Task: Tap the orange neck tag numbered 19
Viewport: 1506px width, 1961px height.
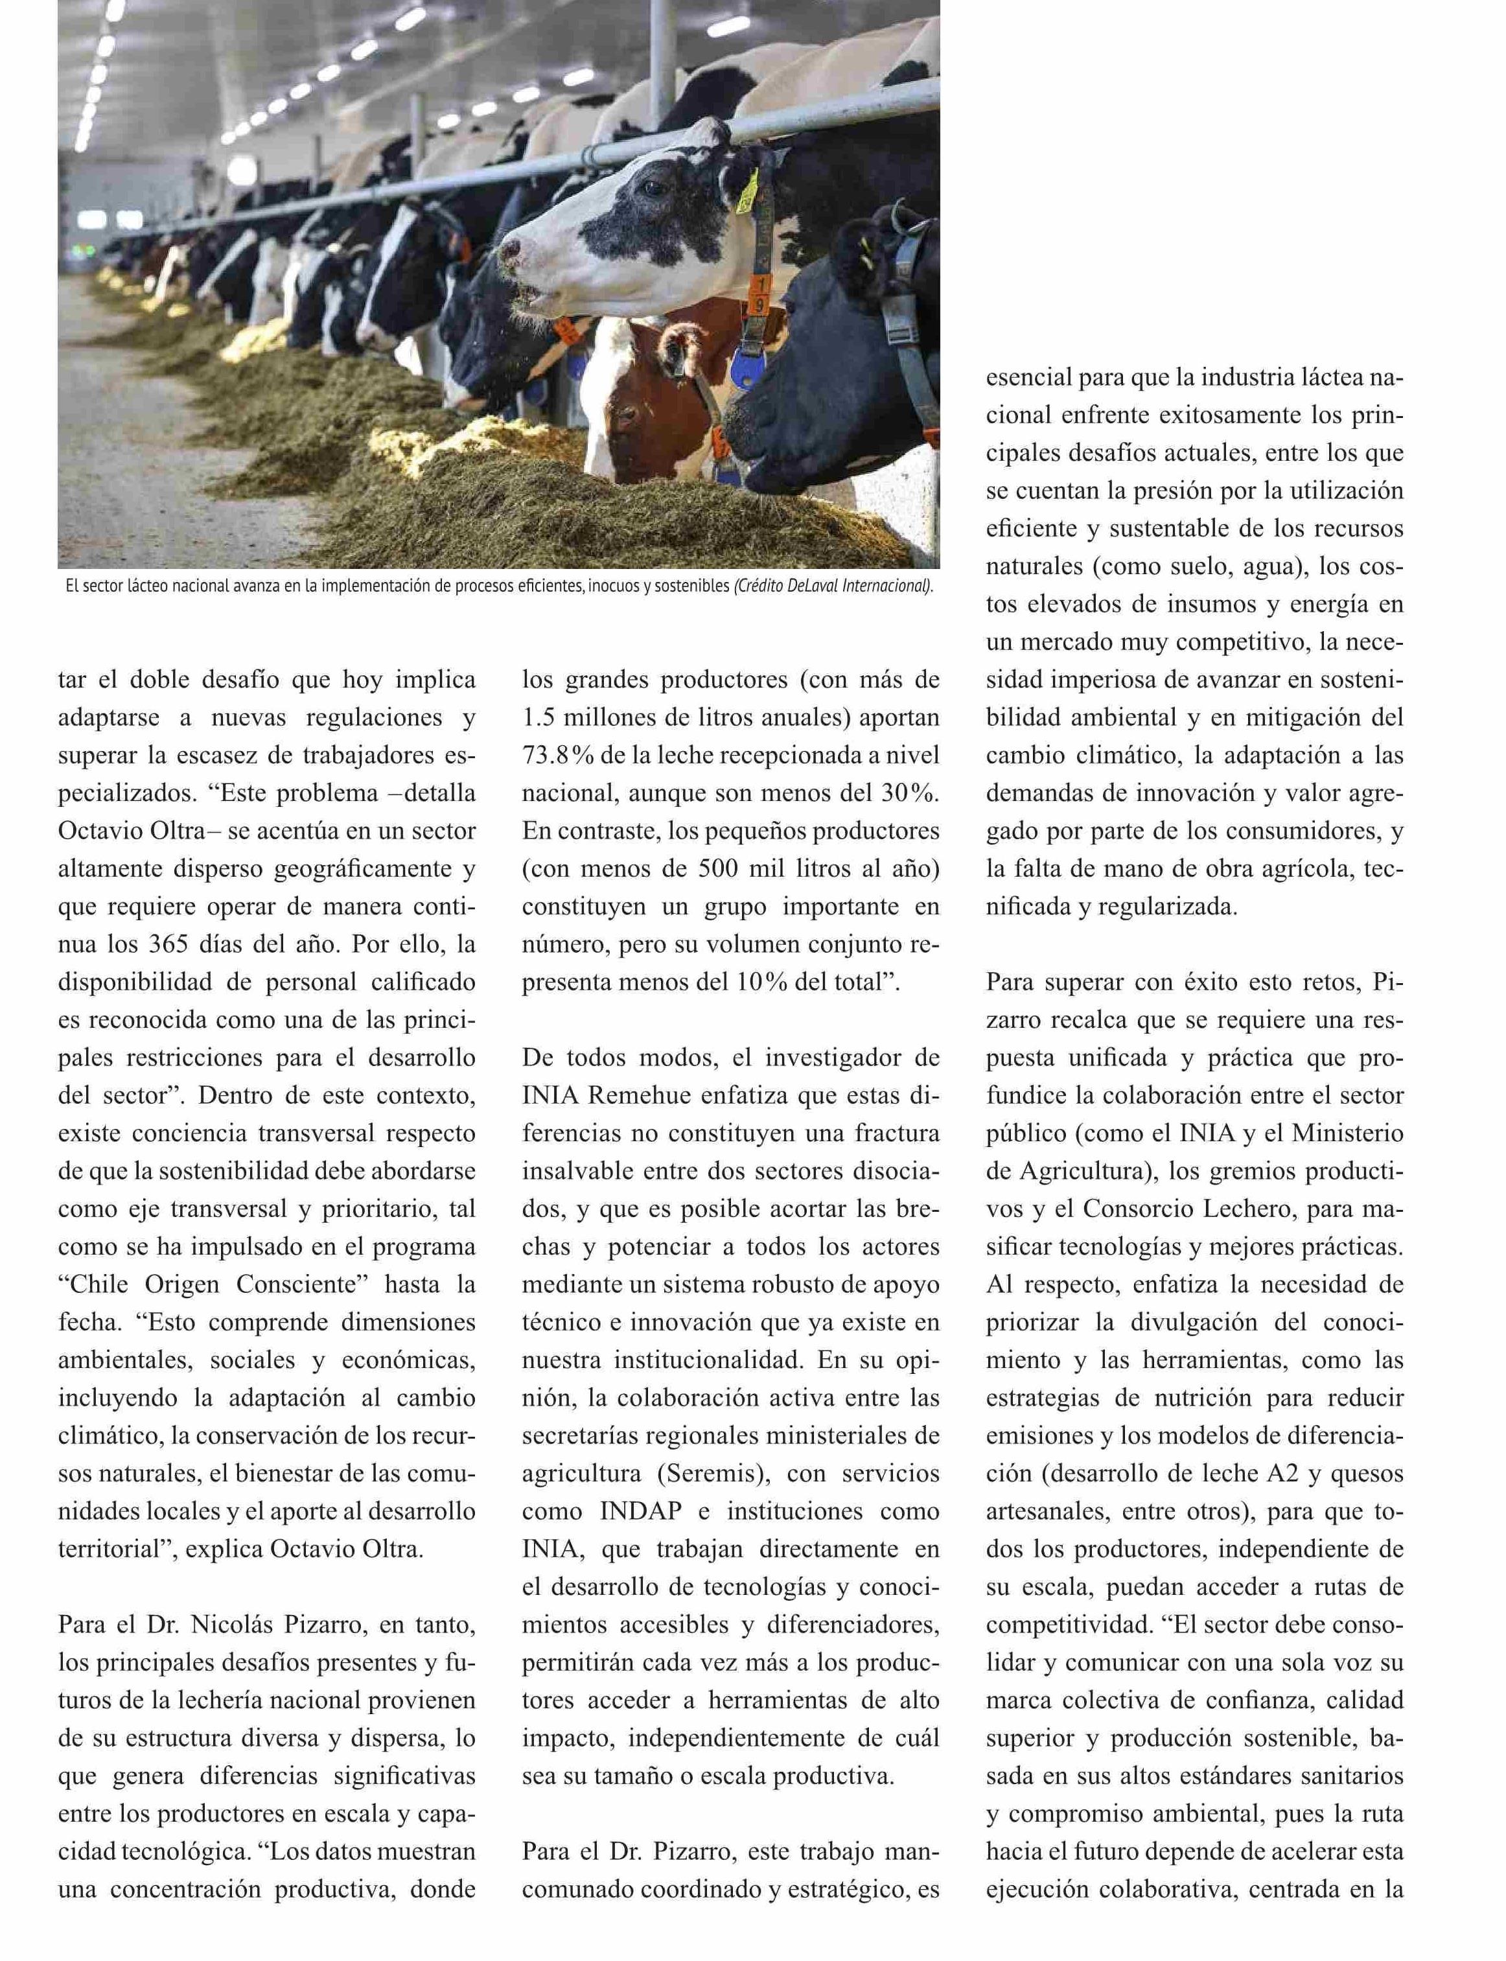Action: click(760, 296)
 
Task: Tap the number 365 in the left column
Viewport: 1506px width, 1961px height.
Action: click(167, 945)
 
